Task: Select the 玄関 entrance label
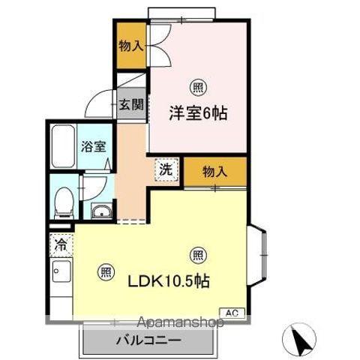pos(130,105)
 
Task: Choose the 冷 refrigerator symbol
pos(61,244)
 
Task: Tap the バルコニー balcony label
pos(148,341)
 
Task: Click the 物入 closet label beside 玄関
pos(130,46)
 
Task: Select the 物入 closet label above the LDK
pos(215,172)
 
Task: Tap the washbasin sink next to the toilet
pos(100,211)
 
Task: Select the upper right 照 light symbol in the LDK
pos(196,253)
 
